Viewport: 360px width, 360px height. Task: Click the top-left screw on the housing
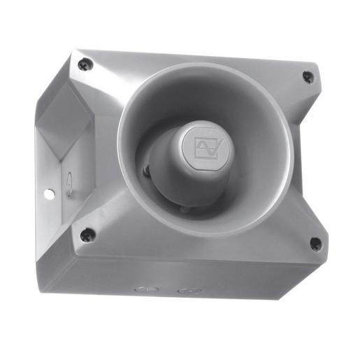pyautogui.click(x=85, y=64)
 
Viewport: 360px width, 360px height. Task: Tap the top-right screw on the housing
pyautogui.click(x=308, y=77)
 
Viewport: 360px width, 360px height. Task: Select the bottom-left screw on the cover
pyautogui.click(x=87, y=235)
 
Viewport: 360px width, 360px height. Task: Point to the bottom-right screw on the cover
pyautogui.click(x=316, y=244)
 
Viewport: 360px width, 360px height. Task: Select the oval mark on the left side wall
pyautogui.click(x=69, y=184)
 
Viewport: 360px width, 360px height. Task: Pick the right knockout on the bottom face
pyautogui.click(x=185, y=289)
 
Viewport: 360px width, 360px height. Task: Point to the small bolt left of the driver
pyautogui.click(x=146, y=170)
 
